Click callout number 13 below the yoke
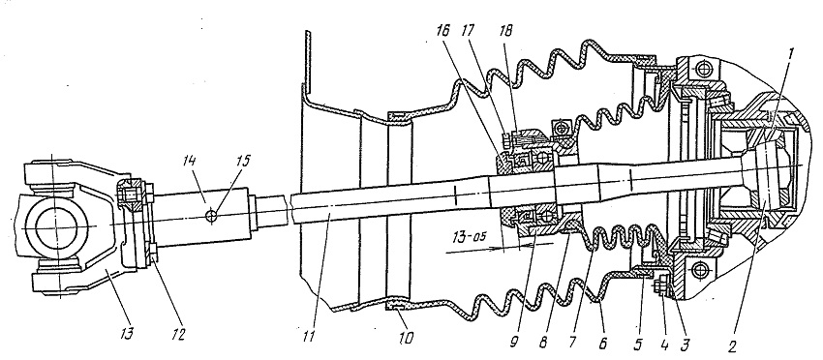[128, 334]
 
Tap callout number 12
[179, 335]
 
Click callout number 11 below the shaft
[309, 336]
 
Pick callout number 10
[405, 338]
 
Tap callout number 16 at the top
[442, 30]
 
